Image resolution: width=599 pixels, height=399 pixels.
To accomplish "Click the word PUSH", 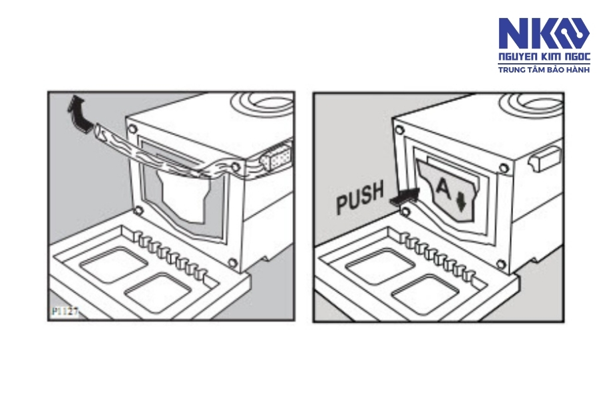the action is pyautogui.click(x=360, y=198).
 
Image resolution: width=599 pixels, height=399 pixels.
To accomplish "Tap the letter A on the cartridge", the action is pyautogui.click(x=443, y=188).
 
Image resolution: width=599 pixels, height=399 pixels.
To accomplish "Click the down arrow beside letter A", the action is pyautogui.click(x=461, y=202).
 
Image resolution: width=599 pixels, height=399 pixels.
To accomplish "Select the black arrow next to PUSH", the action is pyautogui.click(x=404, y=196).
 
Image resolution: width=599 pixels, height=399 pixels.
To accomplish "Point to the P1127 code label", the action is pyautogui.click(x=65, y=312).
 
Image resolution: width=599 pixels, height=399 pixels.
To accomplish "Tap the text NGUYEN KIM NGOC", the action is pyautogui.click(x=544, y=57).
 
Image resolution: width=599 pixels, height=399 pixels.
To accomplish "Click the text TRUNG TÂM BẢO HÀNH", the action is pyautogui.click(x=544, y=69).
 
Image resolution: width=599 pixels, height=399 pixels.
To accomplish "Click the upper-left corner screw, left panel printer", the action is pyautogui.click(x=132, y=128).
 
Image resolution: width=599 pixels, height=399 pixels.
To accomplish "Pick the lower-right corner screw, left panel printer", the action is pyautogui.click(x=232, y=262).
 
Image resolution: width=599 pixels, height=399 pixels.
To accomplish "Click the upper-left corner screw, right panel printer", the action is pyautogui.click(x=399, y=130).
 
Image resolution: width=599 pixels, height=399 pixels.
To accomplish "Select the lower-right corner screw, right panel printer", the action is pyautogui.click(x=500, y=264).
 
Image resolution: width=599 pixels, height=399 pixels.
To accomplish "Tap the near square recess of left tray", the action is pyautogui.click(x=157, y=292).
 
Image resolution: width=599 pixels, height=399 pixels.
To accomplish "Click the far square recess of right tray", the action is pyautogui.click(x=380, y=265).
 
